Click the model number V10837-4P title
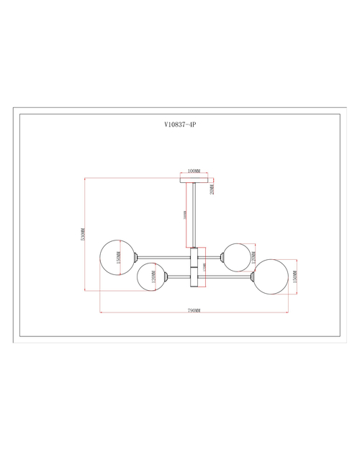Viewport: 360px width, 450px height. [x=180, y=124]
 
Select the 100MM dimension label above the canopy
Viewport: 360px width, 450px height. [x=193, y=171]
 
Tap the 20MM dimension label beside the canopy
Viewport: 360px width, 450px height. [x=212, y=188]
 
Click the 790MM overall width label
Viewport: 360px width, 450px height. [x=193, y=310]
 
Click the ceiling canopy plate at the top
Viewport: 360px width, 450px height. [x=193, y=180]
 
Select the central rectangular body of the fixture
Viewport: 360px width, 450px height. [x=193, y=266]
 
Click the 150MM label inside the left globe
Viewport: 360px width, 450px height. [x=117, y=257]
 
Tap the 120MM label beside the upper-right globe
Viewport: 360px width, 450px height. [x=253, y=257]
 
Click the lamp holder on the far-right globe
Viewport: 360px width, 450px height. [x=253, y=275]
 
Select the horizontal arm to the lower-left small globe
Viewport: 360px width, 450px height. [x=179, y=275]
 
